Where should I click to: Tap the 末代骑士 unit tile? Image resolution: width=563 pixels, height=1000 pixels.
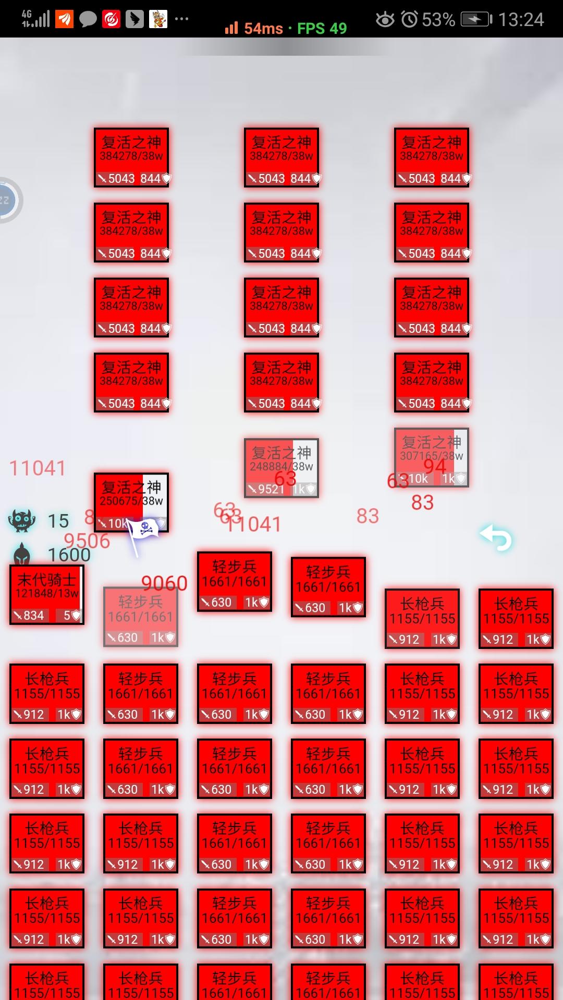point(47,594)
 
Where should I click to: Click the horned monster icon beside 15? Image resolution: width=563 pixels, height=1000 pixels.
point(22,520)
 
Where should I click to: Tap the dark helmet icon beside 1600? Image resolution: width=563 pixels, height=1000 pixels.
point(22,554)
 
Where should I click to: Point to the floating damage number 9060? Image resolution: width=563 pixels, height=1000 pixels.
point(164,583)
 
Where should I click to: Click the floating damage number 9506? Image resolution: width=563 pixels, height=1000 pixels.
point(87,541)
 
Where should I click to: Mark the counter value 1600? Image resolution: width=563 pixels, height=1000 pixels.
point(69,555)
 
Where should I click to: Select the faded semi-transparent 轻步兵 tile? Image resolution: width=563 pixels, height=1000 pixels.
point(141,617)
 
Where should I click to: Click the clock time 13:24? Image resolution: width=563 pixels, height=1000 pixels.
point(521,20)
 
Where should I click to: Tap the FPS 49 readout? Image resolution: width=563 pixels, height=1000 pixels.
point(322,29)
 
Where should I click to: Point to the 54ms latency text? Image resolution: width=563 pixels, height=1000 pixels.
point(263,29)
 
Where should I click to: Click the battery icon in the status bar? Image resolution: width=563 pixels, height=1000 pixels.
point(476,20)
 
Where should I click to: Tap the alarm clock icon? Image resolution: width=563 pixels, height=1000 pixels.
point(410,20)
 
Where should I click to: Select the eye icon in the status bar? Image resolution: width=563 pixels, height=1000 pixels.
point(385,20)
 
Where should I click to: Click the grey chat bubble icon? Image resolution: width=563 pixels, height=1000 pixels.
point(88,20)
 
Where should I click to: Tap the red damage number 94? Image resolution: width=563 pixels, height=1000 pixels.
point(435,466)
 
